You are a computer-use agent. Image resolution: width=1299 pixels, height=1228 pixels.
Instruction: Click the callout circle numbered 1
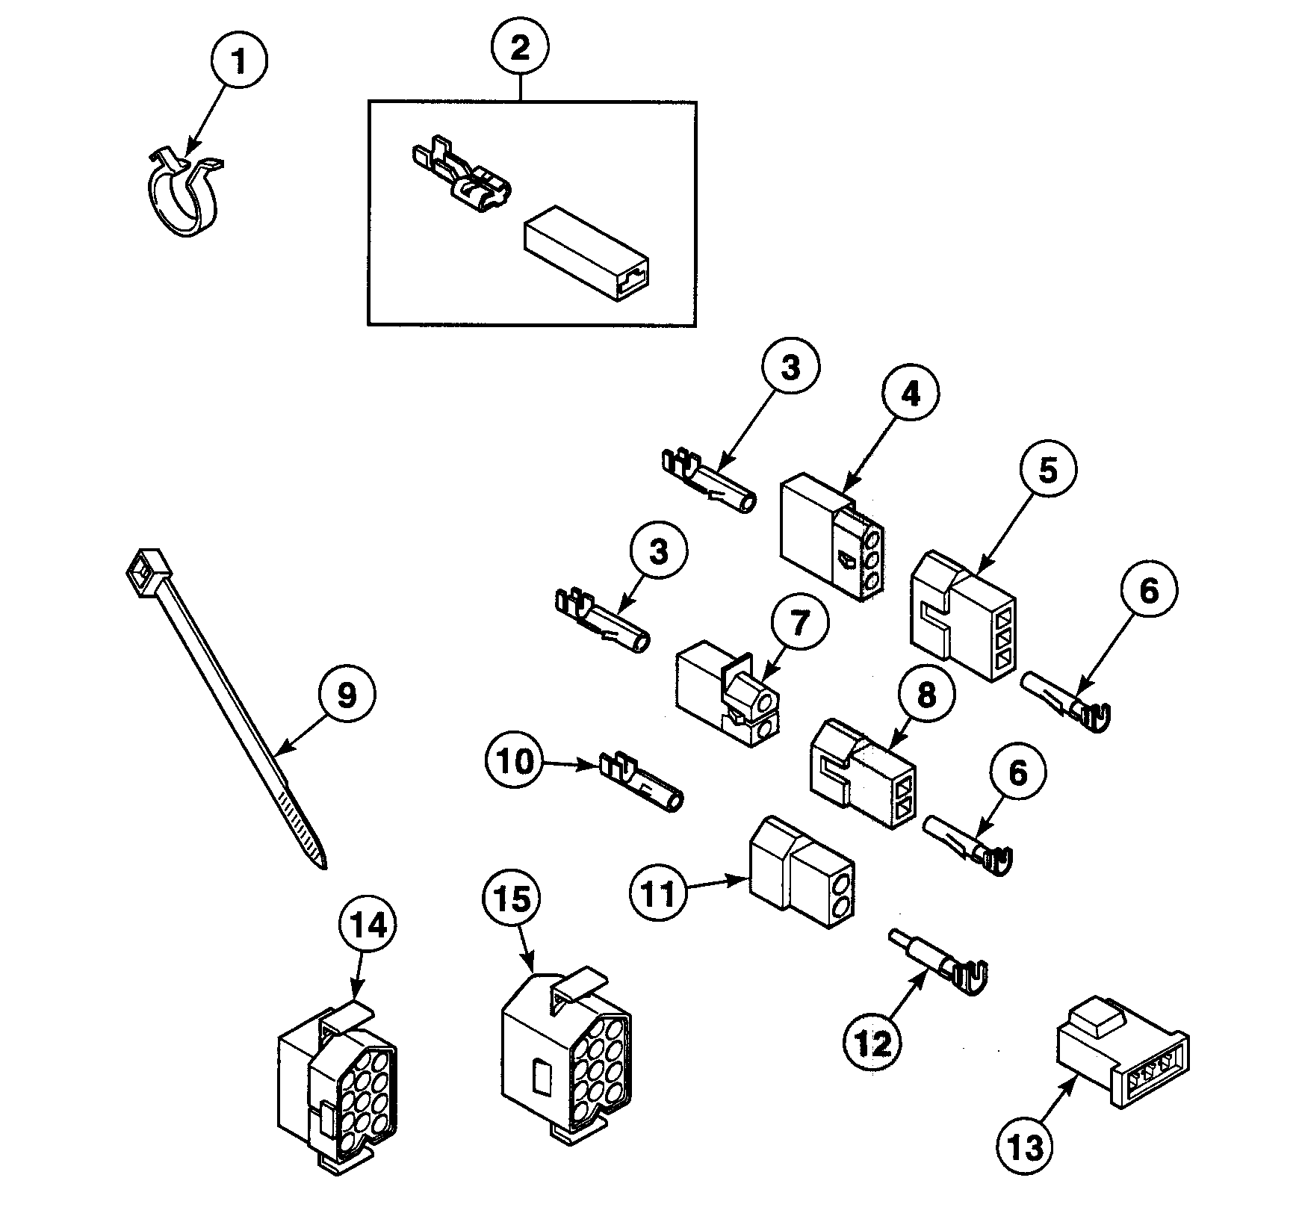tap(239, 63)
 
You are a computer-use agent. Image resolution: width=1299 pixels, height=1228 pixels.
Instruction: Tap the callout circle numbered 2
tap(520, 48)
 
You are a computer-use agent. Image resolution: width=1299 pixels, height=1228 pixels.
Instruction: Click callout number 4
tap(909, 394)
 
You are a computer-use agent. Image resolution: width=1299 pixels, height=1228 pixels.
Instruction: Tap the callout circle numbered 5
tap(1048, 471)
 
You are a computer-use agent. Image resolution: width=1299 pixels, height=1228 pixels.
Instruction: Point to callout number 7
tap(799, 623)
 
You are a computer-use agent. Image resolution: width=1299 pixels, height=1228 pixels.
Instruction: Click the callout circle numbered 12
tap(874, 1044)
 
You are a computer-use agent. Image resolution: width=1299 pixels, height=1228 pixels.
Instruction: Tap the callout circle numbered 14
tap(368, 925)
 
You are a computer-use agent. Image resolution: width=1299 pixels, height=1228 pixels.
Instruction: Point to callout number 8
tap(925, 696)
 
